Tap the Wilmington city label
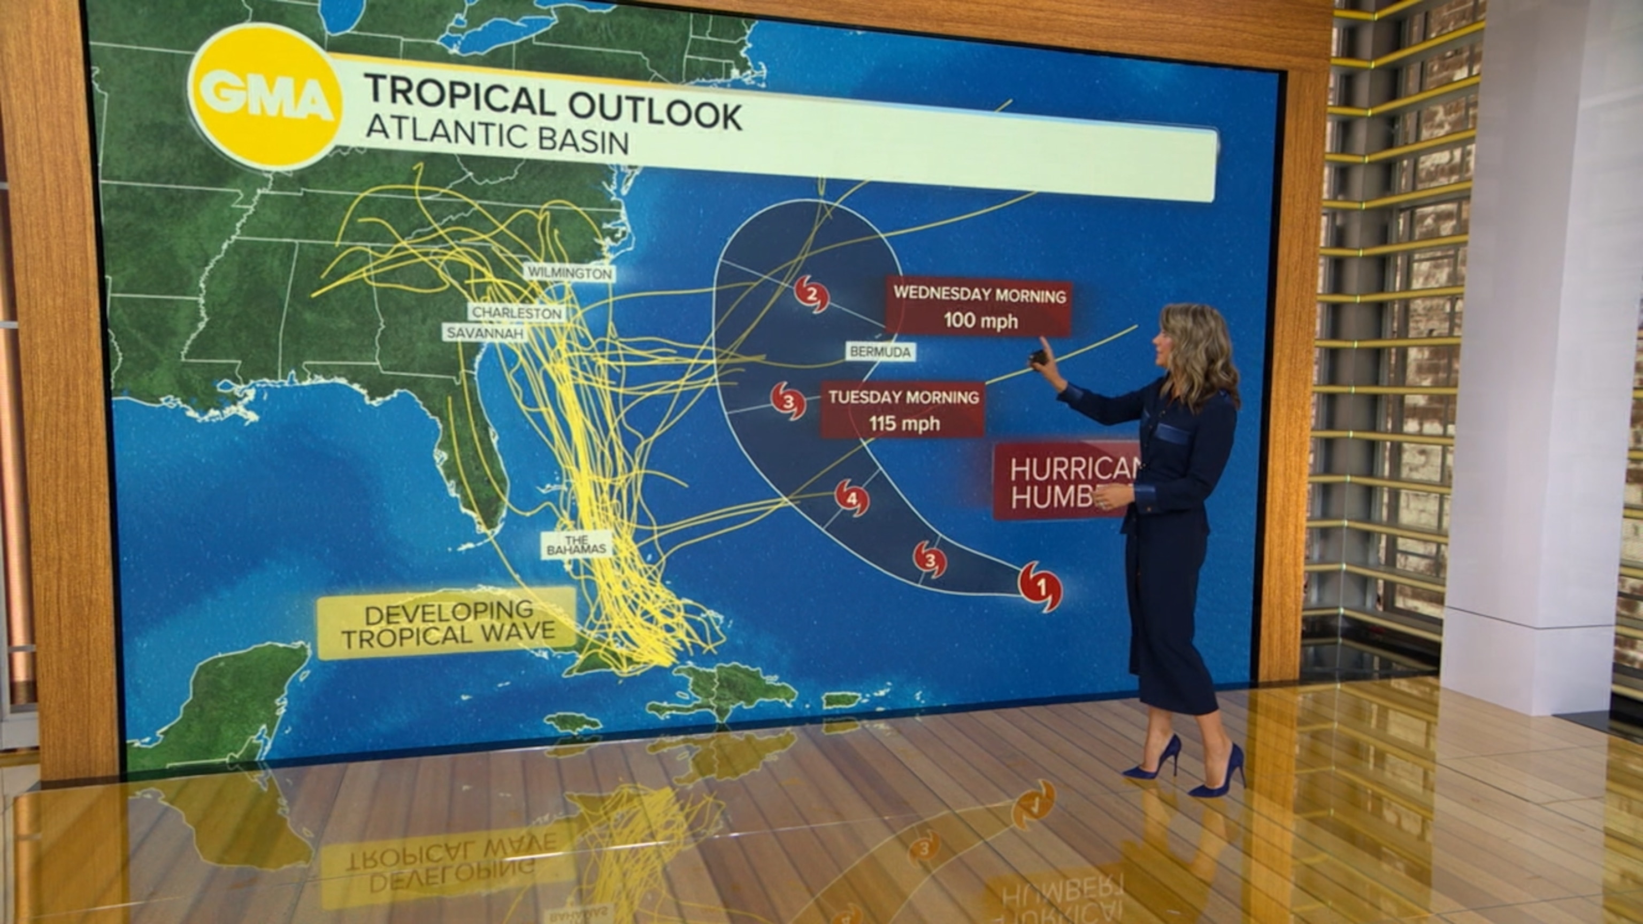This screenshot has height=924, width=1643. coord(570,273)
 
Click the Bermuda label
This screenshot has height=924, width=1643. coord(881,351)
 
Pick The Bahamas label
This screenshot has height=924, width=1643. coord(576,545)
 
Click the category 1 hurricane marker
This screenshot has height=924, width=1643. coord(1040,586)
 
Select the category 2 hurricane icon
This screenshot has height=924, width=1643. coord(811,295)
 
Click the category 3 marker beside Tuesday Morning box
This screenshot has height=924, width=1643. coord(789,401)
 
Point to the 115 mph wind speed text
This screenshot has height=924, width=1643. coord(904,423)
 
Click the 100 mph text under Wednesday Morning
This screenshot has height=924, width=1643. coord(980,320)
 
